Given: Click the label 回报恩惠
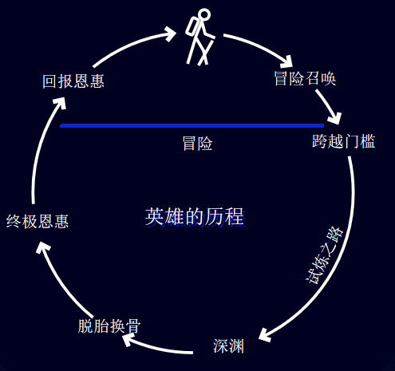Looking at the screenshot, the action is pos(73,81).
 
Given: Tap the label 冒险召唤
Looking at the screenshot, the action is pos(305,78).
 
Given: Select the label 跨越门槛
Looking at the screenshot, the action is pos(344,141).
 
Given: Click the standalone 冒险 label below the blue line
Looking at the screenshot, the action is pos(197,144).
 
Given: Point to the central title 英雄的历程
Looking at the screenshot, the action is pos(195,217).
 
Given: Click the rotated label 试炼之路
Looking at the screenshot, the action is pos(324,255).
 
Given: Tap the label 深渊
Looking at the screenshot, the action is pos(228,346).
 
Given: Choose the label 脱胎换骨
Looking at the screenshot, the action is pos(109,326).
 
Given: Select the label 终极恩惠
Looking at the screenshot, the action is pos(38,221).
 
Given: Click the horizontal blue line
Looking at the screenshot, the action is pos(192,125).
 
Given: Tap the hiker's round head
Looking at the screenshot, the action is pos(204,15).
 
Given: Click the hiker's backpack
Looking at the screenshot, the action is pos(192,27).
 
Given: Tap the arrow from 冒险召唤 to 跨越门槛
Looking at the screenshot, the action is pos(327,106).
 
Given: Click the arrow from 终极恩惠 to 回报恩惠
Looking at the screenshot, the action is pos(40,149).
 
